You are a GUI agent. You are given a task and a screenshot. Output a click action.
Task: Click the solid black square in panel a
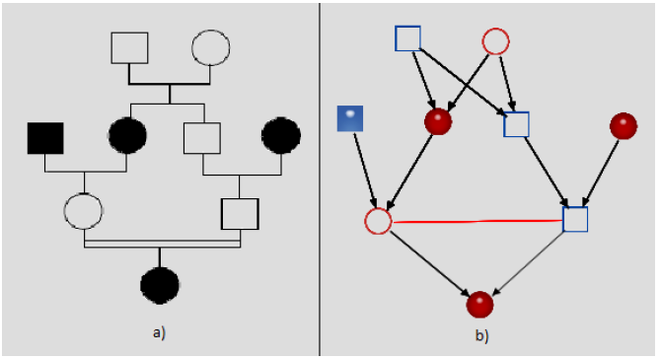coord(45,137)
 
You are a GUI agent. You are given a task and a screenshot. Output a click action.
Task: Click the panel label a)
coord(159,332)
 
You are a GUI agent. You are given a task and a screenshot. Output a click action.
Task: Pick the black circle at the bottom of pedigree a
coord(160,285)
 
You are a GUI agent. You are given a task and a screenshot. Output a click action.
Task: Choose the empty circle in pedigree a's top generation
coord(210,47)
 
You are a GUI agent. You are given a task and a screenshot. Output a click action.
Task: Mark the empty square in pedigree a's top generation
coord(129,47)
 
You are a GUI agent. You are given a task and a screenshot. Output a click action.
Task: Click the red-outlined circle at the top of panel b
coord(495,41)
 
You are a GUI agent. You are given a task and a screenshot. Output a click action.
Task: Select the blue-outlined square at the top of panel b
coord(407,38)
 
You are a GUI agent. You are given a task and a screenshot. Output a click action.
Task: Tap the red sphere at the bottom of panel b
coord(479,304)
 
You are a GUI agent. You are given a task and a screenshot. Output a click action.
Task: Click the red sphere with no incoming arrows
coord(623,125)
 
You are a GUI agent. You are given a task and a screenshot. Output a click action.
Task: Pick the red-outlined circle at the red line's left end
coord(378,220)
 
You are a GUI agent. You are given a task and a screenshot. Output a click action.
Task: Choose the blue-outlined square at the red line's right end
coord(575,219)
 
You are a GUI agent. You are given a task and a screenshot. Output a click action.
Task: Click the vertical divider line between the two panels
coord(320,178)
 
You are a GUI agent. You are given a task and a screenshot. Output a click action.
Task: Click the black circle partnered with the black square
coord(127,136)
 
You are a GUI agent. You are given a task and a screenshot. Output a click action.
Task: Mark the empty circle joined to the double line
coord(84,210)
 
